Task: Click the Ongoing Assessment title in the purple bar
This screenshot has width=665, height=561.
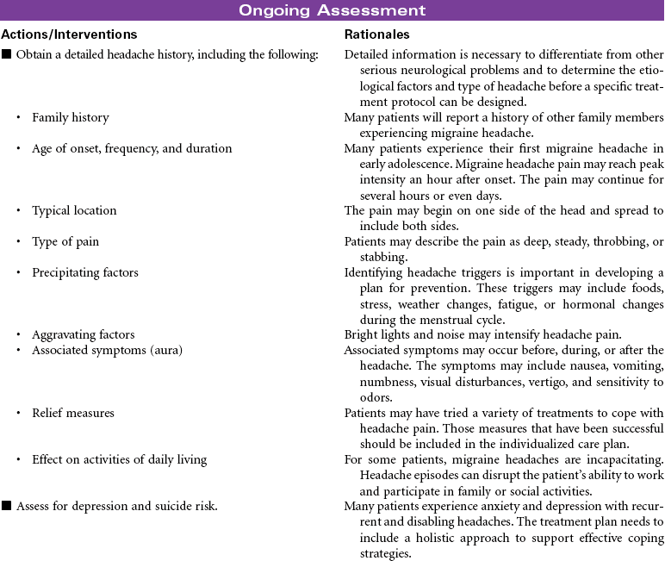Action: pyautogui.click(x=332, y=10)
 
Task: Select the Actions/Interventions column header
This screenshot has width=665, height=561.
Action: pyautogui.click(x=69, y=35)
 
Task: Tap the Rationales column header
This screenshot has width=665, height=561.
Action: pyautogui.click(x=376, y=35)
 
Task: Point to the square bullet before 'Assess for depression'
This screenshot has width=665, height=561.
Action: pyautogui.click(x=7, y=506)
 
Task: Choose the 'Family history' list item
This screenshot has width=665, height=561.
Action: pyautogui.click(x=70, y=117)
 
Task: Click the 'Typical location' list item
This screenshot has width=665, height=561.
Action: pyautogui.click(x=74, y=210)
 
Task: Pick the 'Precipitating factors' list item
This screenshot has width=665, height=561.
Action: pyautogui.click(x=84, y=272)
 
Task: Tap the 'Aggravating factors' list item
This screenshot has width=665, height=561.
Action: pyautogui.click(x=83, y=334)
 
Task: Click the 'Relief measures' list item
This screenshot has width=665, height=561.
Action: pyautogui.click(x=72, y=413)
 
